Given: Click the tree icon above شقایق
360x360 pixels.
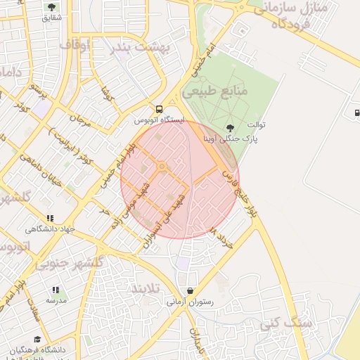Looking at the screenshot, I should coord(51,6).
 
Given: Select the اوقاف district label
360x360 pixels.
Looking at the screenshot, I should coord(75,45).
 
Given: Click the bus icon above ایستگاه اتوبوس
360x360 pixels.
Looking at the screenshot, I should coord(159,110).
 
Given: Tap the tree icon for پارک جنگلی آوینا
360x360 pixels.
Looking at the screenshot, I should coord(230,127).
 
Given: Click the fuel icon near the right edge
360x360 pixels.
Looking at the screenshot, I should coord(357,112).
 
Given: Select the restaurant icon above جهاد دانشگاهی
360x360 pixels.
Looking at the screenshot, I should coord(49,219).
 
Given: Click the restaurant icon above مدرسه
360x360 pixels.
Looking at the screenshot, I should coord(56,290).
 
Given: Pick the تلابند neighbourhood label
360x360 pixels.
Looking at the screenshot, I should coord(146,289).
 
